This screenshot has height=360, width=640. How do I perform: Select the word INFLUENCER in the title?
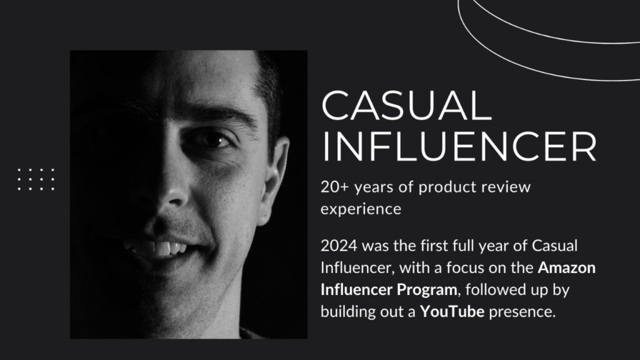coord(459,146)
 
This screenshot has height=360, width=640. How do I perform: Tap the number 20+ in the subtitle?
coord(335,187)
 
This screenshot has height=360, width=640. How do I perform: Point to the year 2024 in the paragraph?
coord(339,246)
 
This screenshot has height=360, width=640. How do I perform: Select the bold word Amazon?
coord(566,267)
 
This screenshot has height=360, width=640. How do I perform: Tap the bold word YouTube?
coord(452,312)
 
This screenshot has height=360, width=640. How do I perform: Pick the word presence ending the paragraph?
coord(522,312)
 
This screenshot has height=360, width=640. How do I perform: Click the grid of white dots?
coord(36,179)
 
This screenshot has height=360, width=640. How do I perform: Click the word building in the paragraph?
coord(347,312)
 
